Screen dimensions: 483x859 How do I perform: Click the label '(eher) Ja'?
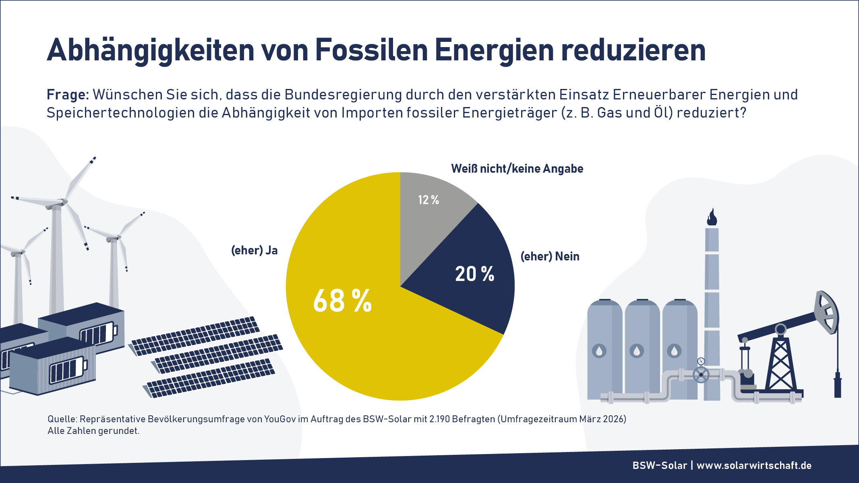(x=254, y=250)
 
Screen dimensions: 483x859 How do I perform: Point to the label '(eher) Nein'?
(x=550, y=256)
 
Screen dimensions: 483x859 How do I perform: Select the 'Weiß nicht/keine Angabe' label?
(x=517, y=169)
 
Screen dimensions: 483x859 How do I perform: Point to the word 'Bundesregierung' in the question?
(x=343, y=95)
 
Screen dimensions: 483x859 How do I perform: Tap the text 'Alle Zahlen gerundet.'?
(x=93, y=431)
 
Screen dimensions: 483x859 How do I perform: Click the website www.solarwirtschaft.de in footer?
(x=754, y=465)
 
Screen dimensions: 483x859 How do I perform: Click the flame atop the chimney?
(x=712, y=217)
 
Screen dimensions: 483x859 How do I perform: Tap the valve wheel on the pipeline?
(x=701, y=375)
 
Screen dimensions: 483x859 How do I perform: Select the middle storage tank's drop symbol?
(x=637, y=351)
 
